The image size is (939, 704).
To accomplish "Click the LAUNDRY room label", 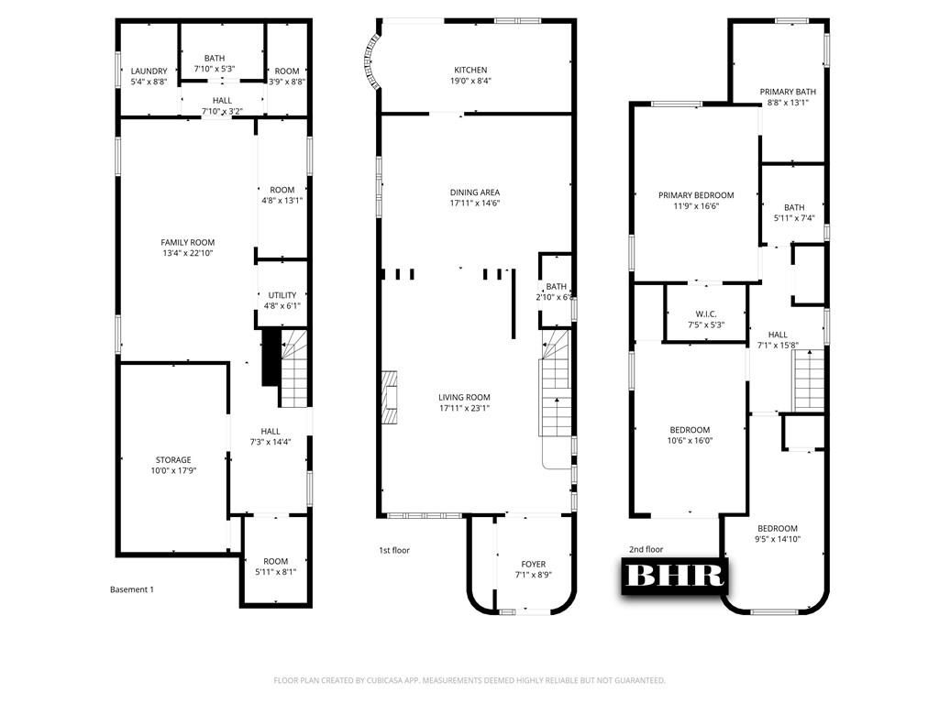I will (149, 71).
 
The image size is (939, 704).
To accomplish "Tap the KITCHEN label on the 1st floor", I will (470, 71).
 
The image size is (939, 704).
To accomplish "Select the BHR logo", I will (675, 575).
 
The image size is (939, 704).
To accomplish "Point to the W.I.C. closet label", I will (706, 314).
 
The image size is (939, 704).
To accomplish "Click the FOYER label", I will (534, 565).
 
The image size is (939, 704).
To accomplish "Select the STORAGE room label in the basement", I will (172, 460).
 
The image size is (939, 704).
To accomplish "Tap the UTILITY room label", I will (282, 295).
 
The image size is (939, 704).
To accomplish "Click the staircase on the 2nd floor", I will (809, 381).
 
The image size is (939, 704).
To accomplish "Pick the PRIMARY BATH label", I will (788, 92).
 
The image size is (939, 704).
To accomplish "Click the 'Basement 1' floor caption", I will (132, 589).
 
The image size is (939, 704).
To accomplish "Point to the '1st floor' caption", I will (394, 550).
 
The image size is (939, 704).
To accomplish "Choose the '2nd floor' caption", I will (646, 550).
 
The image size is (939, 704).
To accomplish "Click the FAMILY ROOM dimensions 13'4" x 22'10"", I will (188, 254).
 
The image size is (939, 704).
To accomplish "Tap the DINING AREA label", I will (475, 192).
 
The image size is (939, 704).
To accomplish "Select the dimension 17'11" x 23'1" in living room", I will (464, 408).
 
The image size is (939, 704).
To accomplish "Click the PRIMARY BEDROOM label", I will (697, 195).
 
